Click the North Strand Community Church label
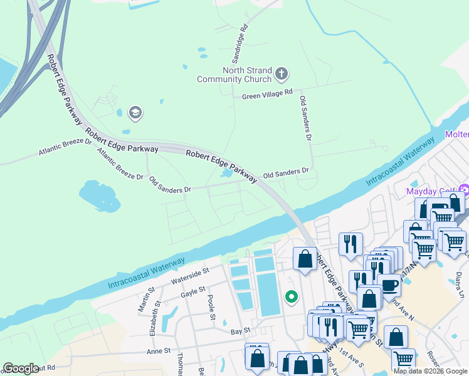pos(234,75)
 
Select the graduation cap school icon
pos(135,113)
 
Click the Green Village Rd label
pos(268,95)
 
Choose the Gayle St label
pos(192,290)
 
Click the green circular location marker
pos(291,297)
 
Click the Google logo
pos(21,368)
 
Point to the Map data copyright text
pos(429,371)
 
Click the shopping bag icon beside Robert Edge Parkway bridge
pos(305,258)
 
